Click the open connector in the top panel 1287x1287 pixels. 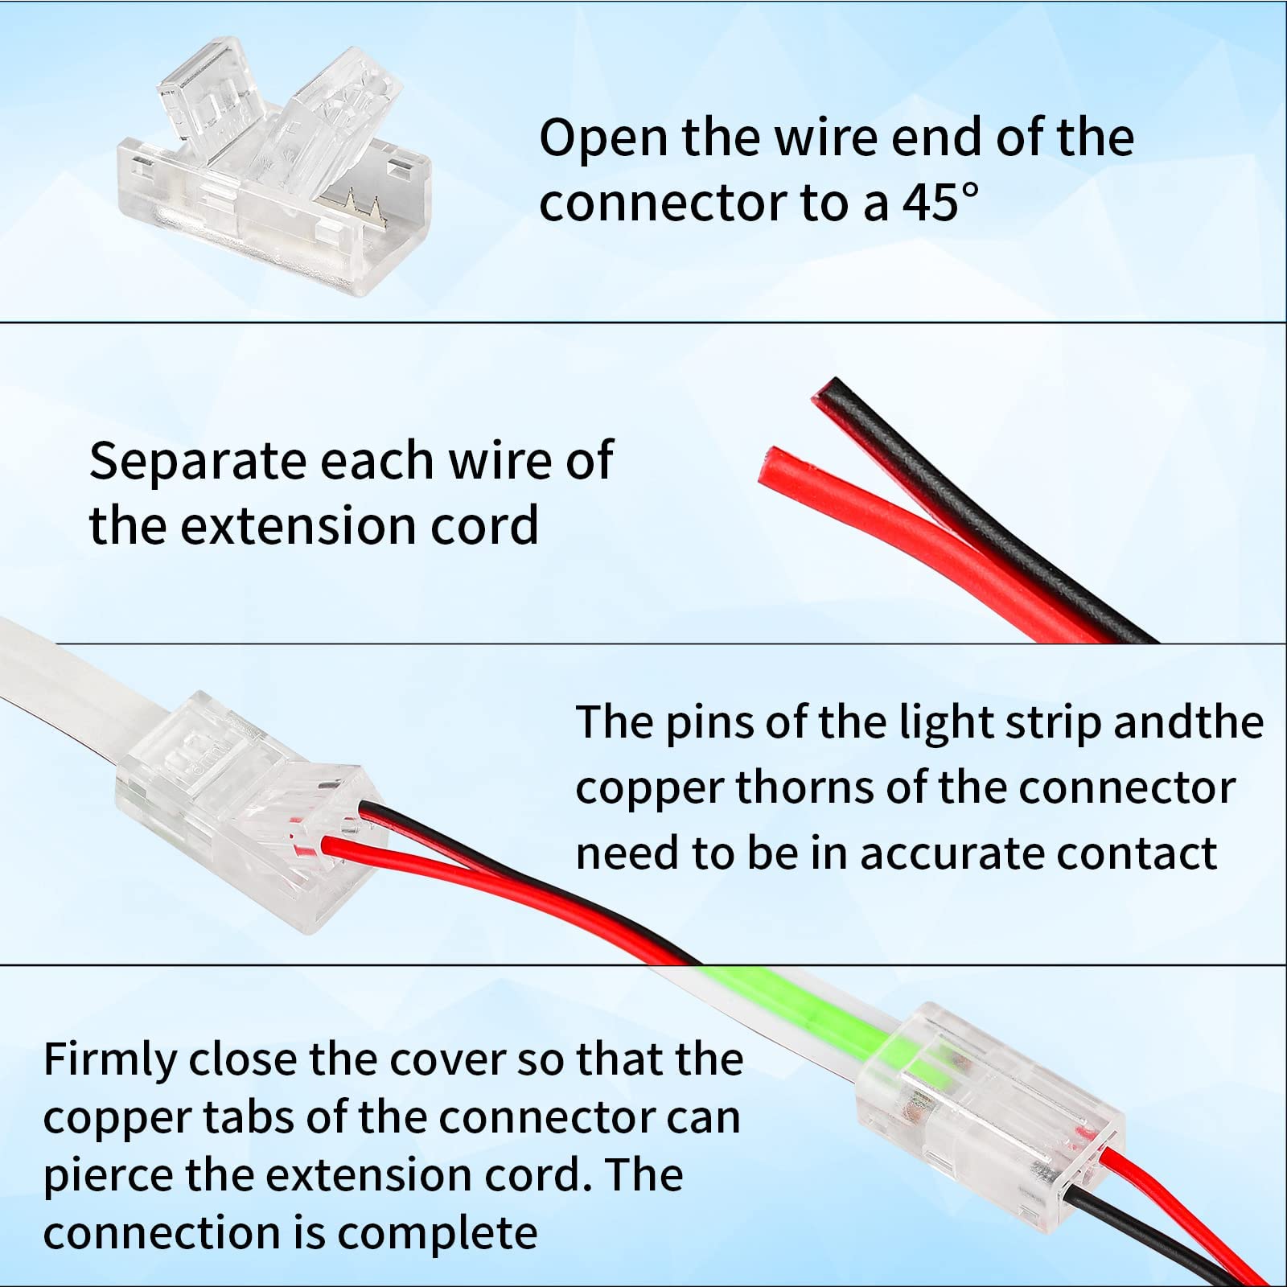tap(273, 161)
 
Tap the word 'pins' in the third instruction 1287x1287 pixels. tap(709, 722)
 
